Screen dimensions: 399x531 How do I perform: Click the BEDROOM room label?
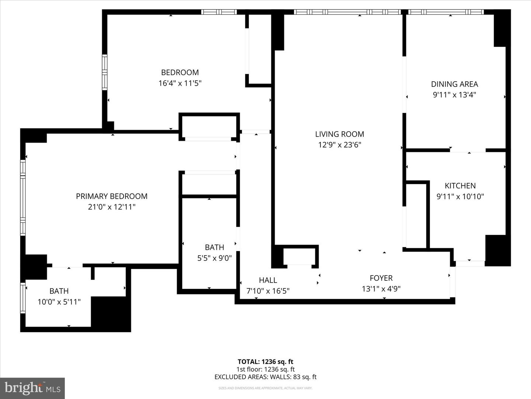(x=180, y=72)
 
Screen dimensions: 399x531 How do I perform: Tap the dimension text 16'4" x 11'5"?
(x=180, y=83)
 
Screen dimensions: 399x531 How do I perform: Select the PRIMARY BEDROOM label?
(x=111, y=196)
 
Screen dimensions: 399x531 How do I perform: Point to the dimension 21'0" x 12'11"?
(x=111, y=207)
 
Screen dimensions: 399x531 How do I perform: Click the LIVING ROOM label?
(x=339, y=134)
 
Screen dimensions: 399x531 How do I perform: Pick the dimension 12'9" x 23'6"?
(x=339, y=145)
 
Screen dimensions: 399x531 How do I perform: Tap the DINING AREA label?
(x=454, y=84)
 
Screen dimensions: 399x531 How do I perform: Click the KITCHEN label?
(x=460, y=186)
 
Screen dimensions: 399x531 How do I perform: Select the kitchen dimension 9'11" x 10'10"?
(x=460, y=197)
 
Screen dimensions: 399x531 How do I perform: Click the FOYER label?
(x=381, y=278)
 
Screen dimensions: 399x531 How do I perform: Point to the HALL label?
(x=268, y=280)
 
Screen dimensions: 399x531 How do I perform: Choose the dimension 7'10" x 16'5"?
(x=268, y=291)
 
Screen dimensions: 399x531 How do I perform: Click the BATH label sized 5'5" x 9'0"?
(x=214, y=247)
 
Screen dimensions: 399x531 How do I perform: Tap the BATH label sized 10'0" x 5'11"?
(x=59, y=291)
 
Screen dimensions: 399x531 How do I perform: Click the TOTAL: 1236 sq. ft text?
(x=265, y=362)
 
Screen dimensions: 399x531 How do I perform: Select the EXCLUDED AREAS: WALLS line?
(x=265, y=377)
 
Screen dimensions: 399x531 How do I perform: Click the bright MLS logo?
(x=32, y=388)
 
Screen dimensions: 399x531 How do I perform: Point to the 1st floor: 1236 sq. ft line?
(x=265, y=369)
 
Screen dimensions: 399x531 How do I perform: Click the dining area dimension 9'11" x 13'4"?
(x=454, y=95)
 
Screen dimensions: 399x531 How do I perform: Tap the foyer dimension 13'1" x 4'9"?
(x=381, y=289)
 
